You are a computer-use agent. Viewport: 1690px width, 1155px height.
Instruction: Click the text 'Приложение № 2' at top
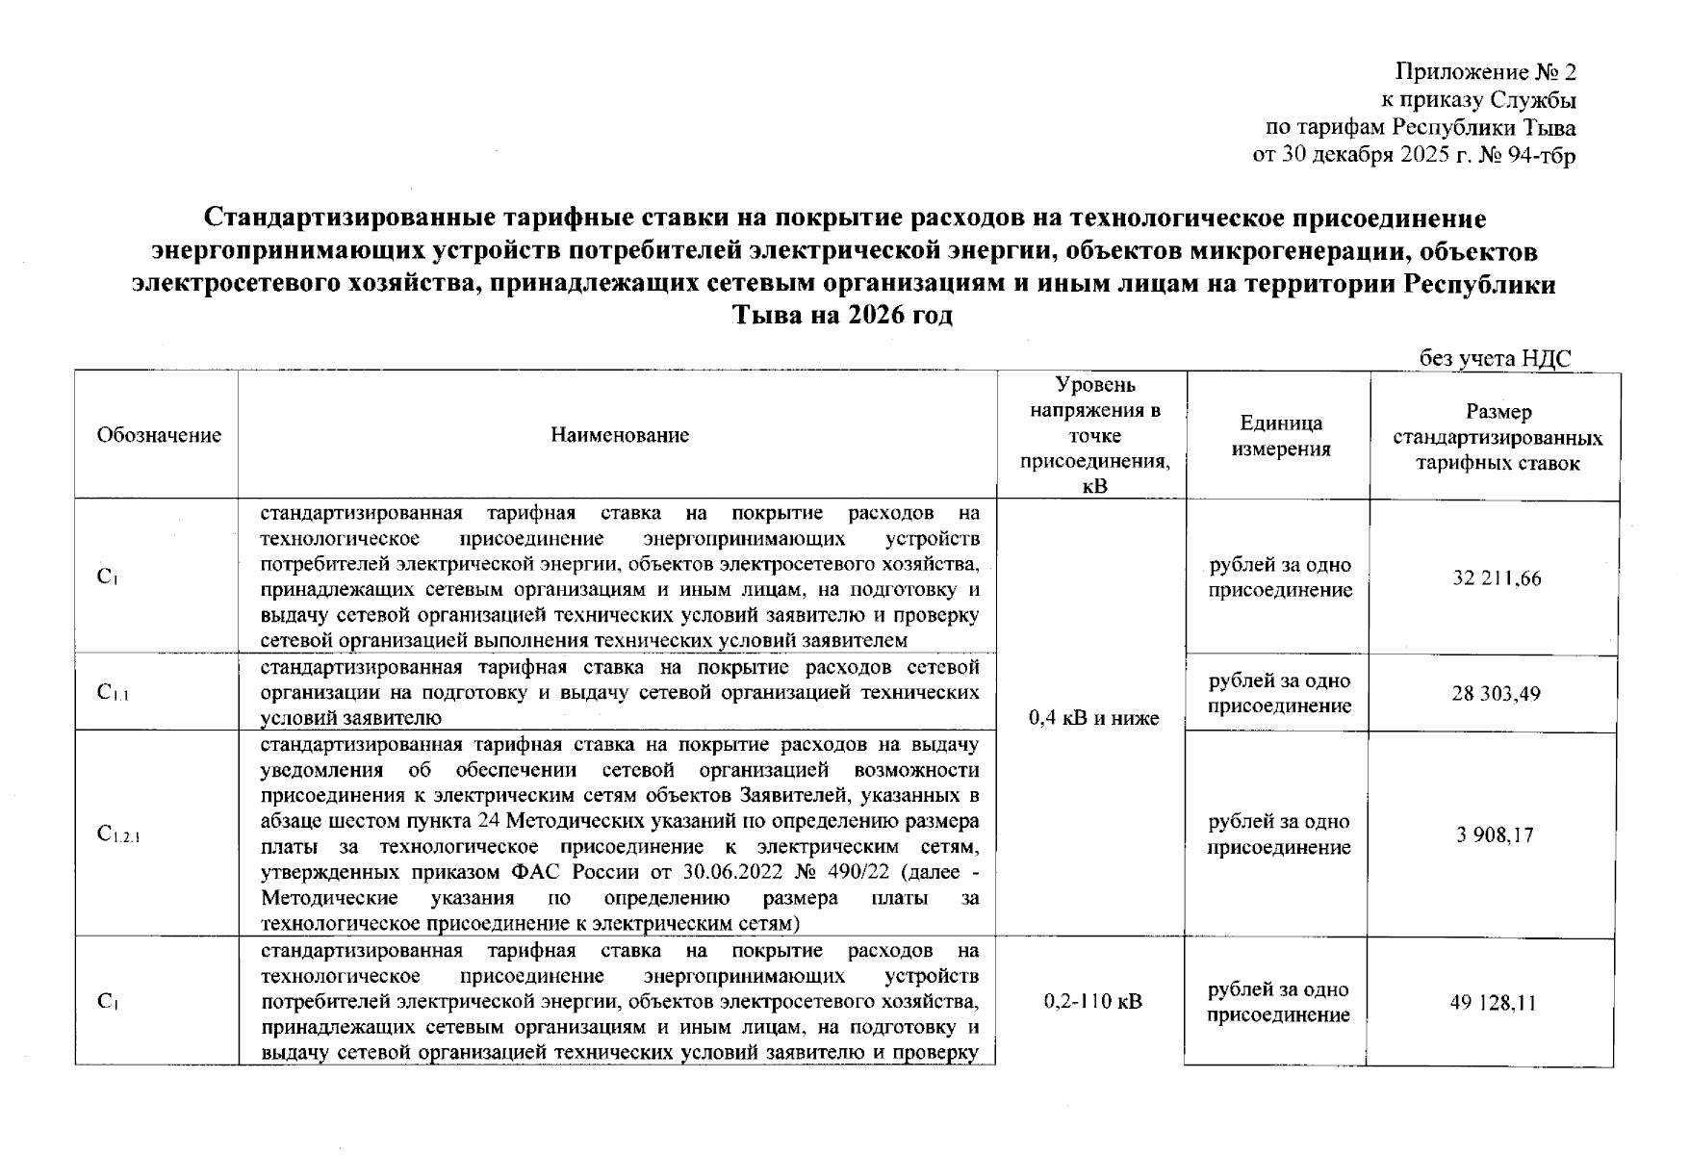[1485, 73]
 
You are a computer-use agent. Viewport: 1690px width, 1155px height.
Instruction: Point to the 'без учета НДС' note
[1495, 359]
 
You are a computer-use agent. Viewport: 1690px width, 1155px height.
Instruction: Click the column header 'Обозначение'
[159, 435]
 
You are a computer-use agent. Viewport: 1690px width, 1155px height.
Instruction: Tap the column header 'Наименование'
[620, 435]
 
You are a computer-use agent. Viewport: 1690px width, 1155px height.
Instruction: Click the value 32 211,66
[1497, 578]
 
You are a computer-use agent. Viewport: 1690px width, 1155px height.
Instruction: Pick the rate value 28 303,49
[1496, 693]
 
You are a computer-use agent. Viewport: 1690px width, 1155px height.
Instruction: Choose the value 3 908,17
[1495, 834]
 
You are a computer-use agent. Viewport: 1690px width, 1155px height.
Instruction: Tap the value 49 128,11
[1493, 1003]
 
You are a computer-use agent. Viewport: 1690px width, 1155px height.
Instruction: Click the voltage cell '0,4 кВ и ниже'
[1093, 718]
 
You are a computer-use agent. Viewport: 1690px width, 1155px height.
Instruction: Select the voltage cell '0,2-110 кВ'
[1092, 1002]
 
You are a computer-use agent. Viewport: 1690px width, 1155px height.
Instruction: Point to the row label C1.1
[113, 692]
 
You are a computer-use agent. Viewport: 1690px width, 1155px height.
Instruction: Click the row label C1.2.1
[118, 834]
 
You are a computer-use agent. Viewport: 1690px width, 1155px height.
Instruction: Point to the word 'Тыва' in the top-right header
[1549, 128]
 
